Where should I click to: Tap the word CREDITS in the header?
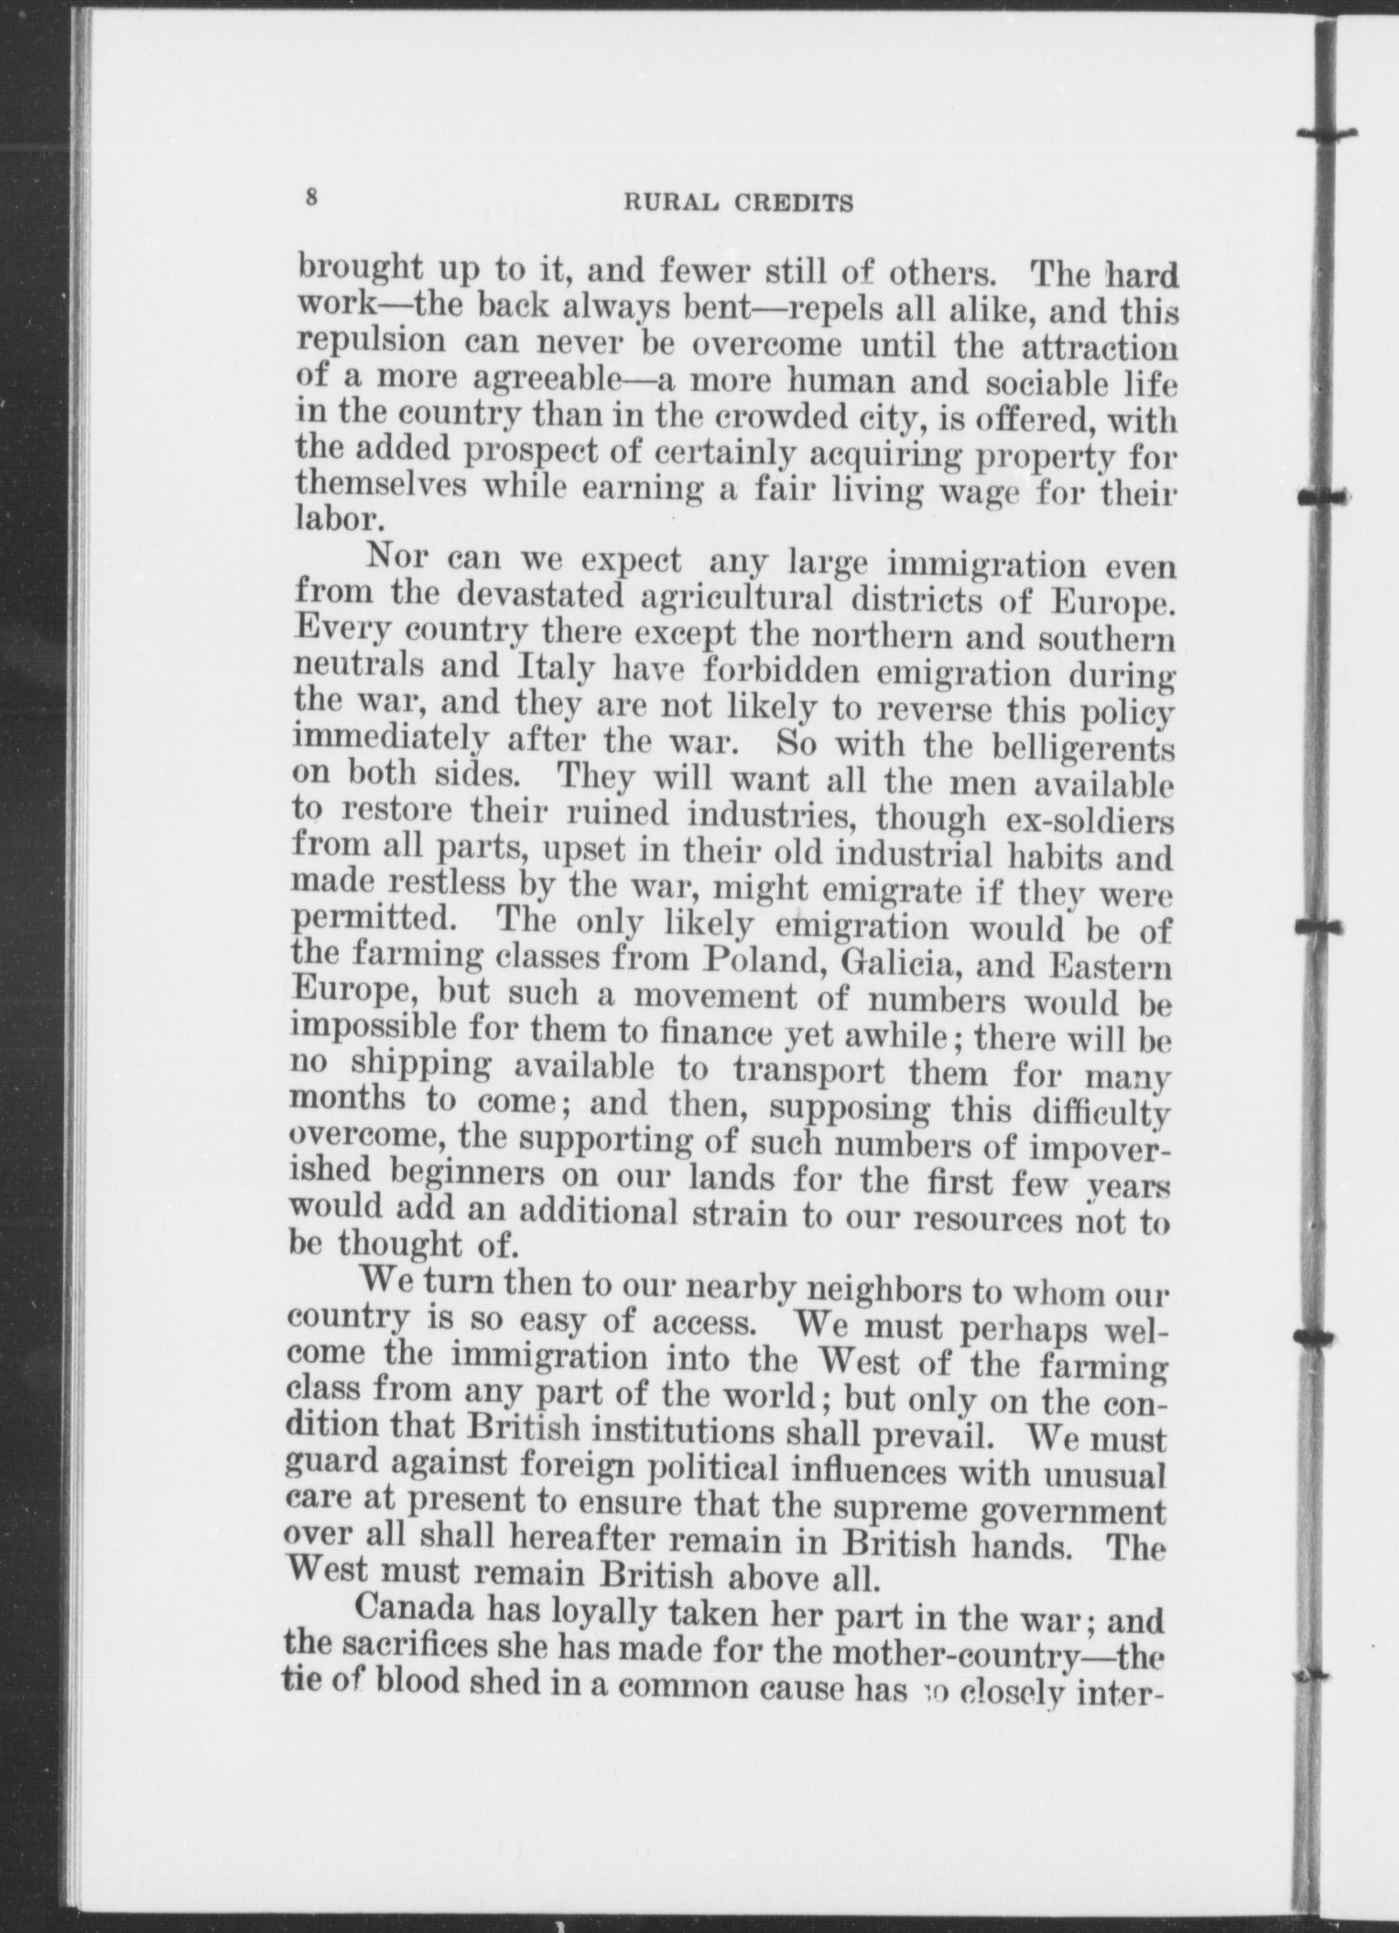[x=794, y=203]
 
